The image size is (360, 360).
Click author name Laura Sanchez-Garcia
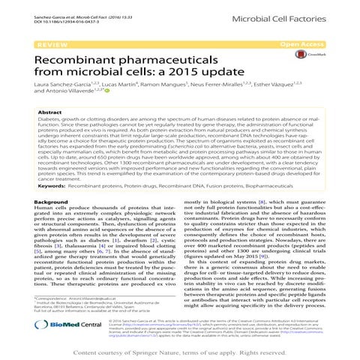63,88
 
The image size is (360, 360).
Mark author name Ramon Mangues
159,88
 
